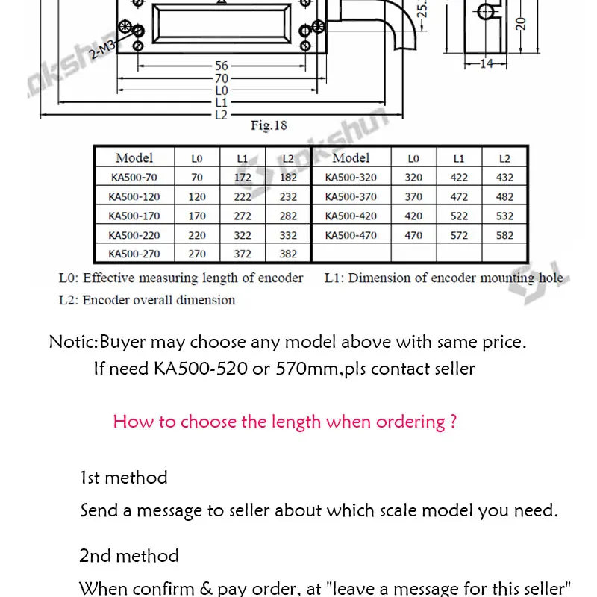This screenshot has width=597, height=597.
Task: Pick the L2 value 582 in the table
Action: tap(504, 235)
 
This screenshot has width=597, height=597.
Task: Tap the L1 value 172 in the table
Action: tap(242, 178)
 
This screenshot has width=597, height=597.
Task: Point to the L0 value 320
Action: tap(413, 178)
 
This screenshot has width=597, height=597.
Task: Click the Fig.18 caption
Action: tap(269, 126)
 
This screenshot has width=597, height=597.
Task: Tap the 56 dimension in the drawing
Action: tap(222, 66)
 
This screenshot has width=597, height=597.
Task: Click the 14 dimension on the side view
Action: tap(487, 64)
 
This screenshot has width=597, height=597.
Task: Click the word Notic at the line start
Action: tap(72, 343)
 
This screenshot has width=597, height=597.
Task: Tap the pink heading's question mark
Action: tap(453, 422)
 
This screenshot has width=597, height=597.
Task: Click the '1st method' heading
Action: tap(124, 478)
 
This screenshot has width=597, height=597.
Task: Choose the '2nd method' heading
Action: tap(129, 556)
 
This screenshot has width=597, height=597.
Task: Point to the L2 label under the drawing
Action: tap(221, 114)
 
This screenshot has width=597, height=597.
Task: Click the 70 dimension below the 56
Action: tap(222, 78)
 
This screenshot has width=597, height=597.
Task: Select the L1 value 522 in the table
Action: tap(459, 216)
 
